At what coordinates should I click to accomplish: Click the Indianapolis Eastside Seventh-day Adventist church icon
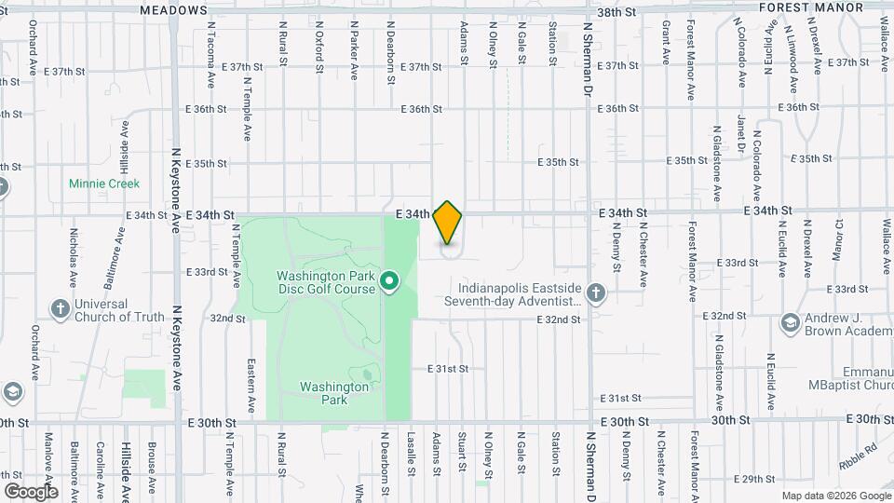(x=597, y=295)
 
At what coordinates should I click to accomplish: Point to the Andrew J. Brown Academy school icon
(x=791, y=322)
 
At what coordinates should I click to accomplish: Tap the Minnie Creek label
(x=103, y=184)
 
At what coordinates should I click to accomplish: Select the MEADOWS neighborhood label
(x=174, y=9)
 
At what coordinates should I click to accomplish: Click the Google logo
(x=30, y=491)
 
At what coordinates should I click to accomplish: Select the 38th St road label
(x=616, y=12)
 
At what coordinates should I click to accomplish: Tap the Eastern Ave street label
(x=251, y=387)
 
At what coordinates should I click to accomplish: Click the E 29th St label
(x=755, y=479)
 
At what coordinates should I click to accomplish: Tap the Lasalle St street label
(x=410, y=451)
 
